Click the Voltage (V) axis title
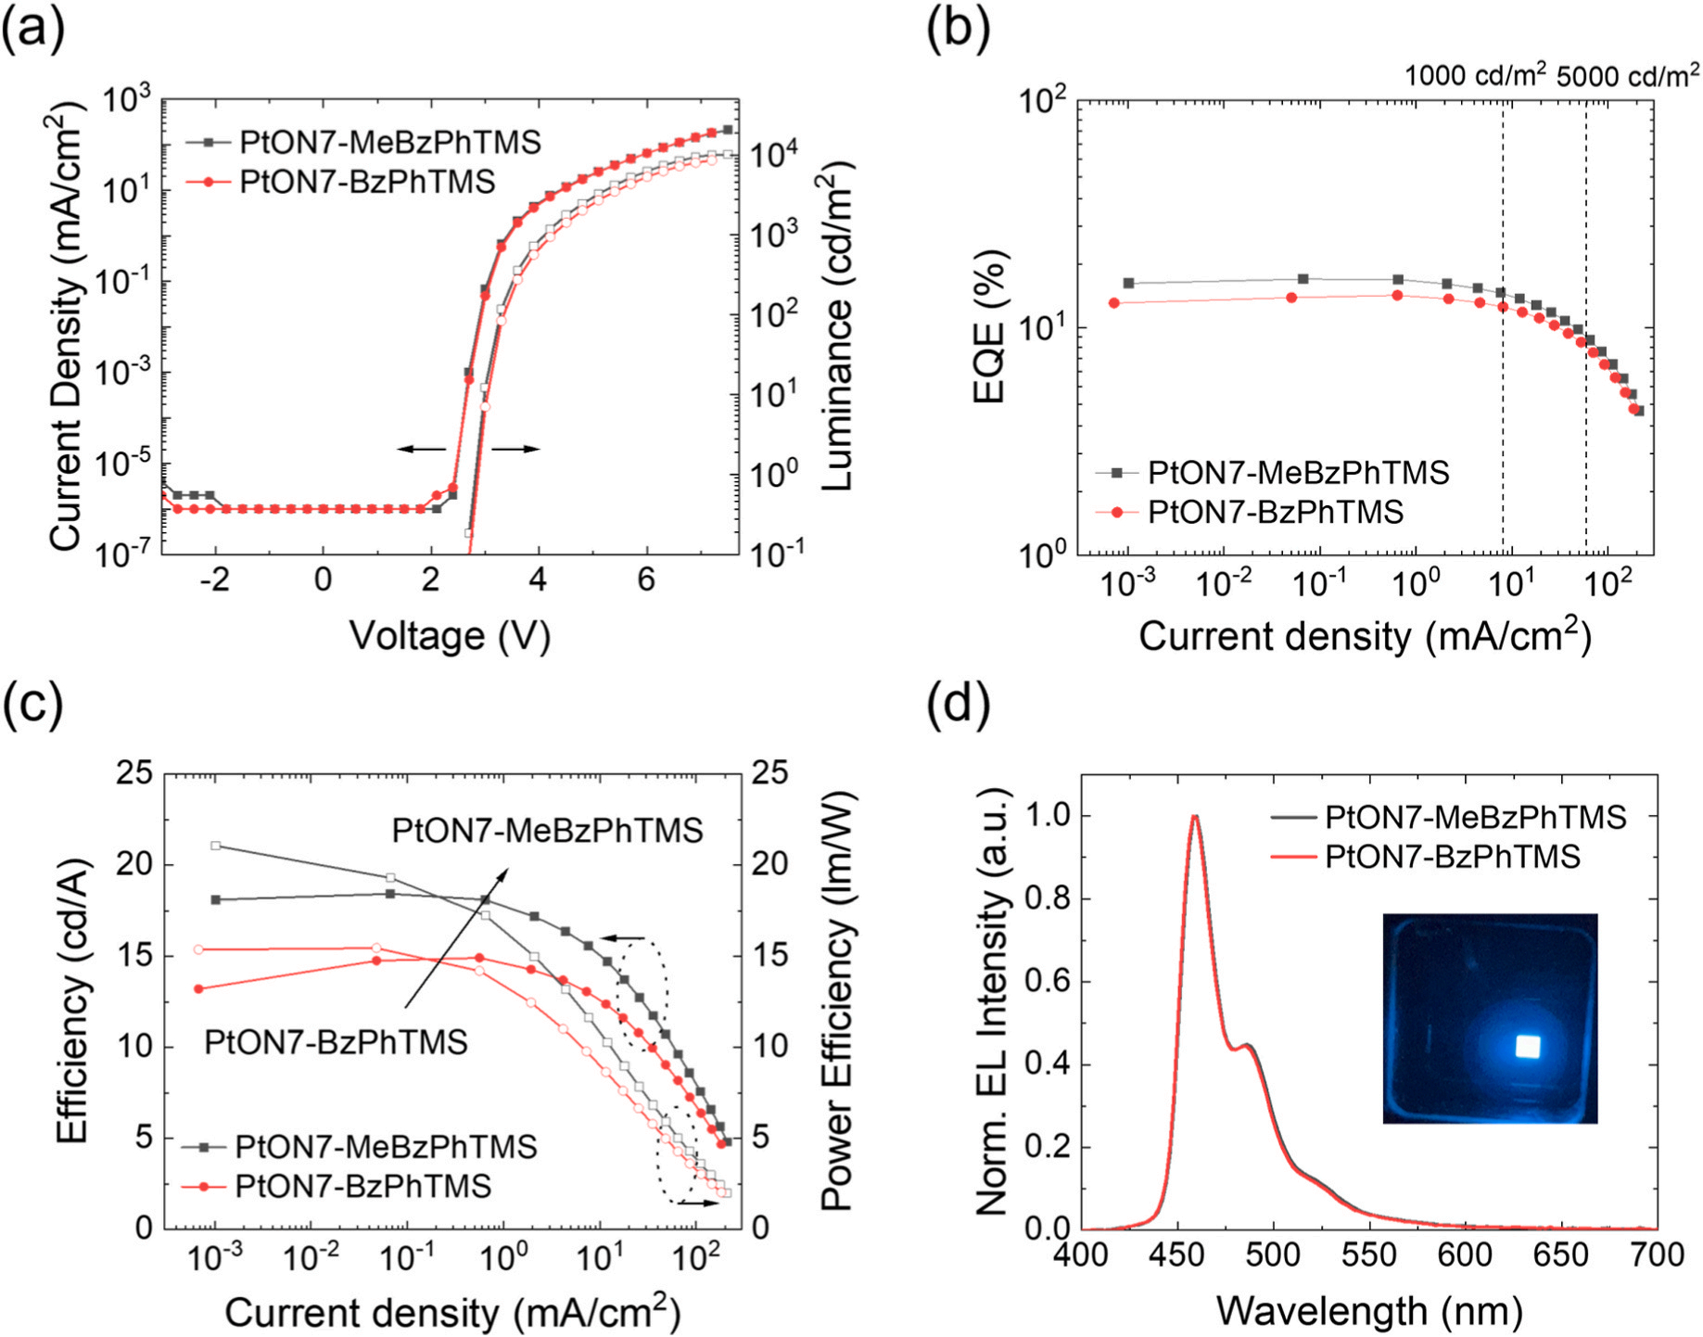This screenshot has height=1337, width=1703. (450, 636)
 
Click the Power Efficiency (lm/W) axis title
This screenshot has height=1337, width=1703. (837, 1001)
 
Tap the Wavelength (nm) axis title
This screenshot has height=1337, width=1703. (1369, 1311)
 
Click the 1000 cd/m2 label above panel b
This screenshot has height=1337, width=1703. (1475, 75)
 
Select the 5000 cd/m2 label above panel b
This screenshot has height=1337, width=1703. (1628, 75)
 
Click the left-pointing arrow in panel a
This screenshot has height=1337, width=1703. (422, 449)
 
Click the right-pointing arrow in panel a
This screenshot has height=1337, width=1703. (515, 449)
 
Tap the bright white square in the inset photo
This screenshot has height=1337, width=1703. (1527, 1047)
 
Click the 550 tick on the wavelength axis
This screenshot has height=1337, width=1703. (1369, 1255)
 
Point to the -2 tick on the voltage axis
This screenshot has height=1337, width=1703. (214, 580)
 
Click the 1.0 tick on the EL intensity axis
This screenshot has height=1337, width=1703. (1046, 816)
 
